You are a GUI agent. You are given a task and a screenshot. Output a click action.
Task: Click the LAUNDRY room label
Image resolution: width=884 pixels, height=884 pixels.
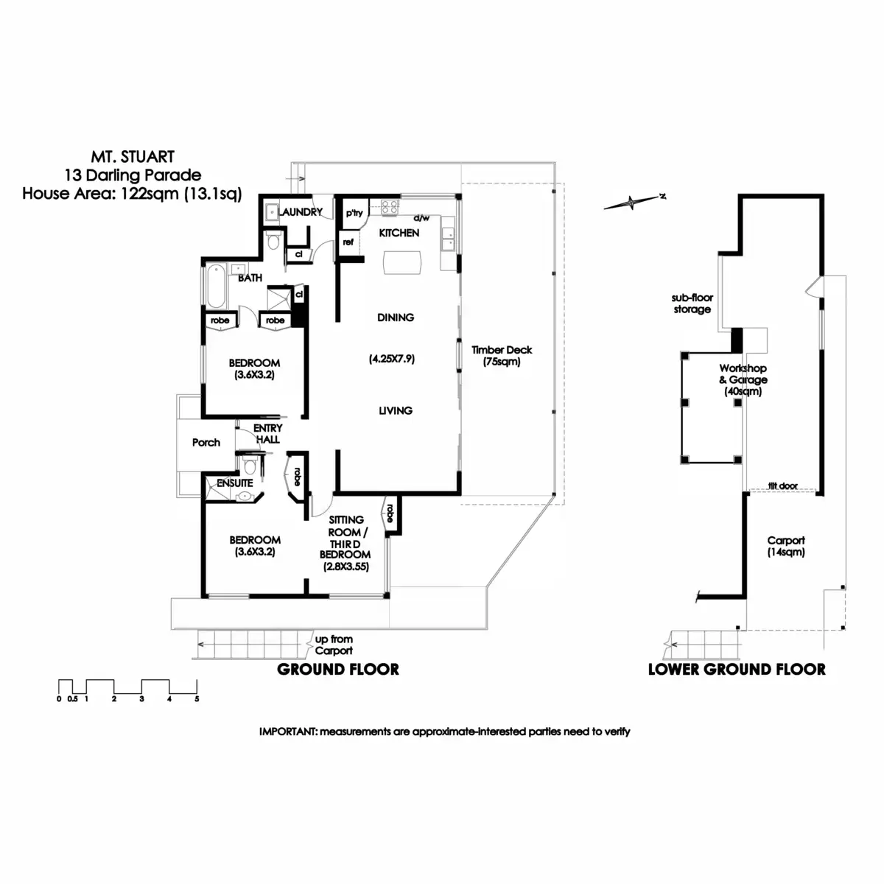300,212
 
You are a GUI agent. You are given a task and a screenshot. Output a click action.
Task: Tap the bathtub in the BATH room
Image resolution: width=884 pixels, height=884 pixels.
216,287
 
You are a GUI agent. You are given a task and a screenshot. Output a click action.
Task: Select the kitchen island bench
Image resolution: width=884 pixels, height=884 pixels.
402,263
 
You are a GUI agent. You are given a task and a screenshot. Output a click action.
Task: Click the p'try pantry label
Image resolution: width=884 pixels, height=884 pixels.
354,213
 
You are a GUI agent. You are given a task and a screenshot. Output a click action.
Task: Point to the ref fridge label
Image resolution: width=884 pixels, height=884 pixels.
348,242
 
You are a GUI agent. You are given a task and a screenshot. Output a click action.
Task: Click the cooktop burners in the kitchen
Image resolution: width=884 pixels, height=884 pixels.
390,206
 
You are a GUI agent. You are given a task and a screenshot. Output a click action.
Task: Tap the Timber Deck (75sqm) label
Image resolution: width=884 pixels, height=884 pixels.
502,356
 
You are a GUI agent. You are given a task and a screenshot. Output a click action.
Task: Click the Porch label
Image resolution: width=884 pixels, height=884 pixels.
206,443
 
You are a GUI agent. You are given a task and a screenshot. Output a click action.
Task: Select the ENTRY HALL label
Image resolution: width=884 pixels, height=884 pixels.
268,433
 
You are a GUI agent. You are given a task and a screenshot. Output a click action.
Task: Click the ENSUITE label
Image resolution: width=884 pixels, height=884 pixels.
235,483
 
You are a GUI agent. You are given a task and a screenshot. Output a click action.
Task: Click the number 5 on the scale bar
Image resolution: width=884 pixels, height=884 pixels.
197,699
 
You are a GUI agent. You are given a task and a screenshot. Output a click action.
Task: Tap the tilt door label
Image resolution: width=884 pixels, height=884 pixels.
783,485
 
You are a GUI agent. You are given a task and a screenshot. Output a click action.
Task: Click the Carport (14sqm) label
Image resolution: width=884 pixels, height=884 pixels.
786,547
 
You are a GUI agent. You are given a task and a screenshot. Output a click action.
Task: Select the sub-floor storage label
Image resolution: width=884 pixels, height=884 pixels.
692,304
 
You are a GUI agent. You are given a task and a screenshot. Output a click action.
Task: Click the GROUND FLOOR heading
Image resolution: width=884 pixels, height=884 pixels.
338,670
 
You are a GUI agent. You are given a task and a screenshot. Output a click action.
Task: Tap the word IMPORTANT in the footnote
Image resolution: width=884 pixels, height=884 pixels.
288,732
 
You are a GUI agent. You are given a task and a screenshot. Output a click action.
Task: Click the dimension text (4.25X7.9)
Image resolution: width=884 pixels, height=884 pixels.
392,359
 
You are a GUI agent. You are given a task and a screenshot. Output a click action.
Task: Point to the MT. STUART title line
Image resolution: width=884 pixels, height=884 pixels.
133,157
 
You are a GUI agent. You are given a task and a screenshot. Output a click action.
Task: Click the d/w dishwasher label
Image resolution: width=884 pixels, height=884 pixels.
421,218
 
